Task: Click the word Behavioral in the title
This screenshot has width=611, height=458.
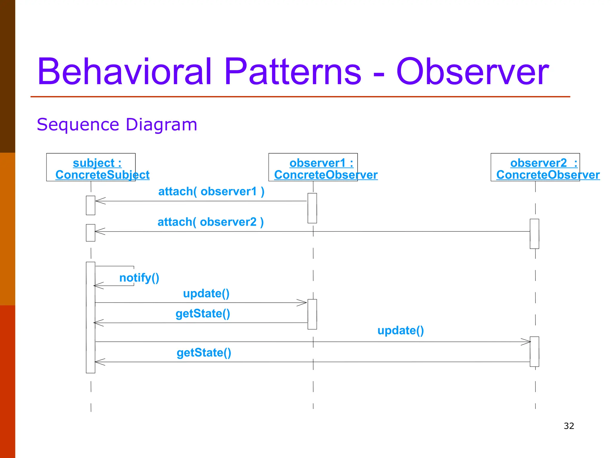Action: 125,72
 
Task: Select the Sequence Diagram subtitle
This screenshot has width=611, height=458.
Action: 117,125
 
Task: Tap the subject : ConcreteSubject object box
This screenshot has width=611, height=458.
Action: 91,167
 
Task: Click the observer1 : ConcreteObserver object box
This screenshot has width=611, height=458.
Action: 313,167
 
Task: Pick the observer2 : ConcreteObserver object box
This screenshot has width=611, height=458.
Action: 535,167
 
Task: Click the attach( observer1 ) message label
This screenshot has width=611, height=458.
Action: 211,191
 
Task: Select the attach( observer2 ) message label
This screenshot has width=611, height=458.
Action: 211,222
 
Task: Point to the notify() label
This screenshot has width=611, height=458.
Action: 139,278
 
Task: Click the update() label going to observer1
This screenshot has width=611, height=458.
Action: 206,293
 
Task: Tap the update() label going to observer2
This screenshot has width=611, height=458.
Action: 400,330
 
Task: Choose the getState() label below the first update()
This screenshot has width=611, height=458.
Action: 203,314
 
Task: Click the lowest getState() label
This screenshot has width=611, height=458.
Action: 204,353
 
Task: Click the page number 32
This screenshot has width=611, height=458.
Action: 569,426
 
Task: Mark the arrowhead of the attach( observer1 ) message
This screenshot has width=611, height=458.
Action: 100,201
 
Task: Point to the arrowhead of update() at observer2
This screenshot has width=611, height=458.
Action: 527,342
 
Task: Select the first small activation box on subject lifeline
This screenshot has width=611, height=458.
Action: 90,205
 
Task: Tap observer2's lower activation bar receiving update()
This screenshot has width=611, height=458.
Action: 534,351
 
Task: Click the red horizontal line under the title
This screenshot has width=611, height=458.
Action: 300,97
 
